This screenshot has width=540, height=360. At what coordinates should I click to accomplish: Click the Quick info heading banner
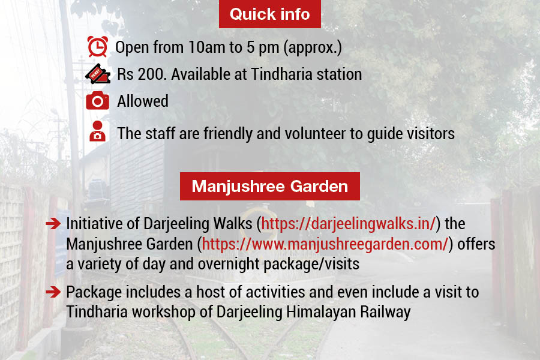(269, 14)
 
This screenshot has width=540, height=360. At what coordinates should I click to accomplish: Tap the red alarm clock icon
(97, 47)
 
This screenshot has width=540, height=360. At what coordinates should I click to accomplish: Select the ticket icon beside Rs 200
(98, 74)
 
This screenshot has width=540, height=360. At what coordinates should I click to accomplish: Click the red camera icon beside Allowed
(97, 101)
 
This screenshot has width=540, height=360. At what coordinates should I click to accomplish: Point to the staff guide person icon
(97, 131)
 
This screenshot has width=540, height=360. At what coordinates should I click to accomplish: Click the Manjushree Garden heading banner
(269, 187)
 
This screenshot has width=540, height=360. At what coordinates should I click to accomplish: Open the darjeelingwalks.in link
(349, 224)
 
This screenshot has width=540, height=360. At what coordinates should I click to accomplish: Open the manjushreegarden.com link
(325, 244)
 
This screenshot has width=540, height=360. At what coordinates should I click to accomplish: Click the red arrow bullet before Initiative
(53, 224)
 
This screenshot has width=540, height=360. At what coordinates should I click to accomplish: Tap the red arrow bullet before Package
(53, 292)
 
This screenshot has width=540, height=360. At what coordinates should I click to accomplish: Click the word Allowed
(143, 101)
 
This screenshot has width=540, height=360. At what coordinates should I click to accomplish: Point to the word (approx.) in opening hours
(313, 48)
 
